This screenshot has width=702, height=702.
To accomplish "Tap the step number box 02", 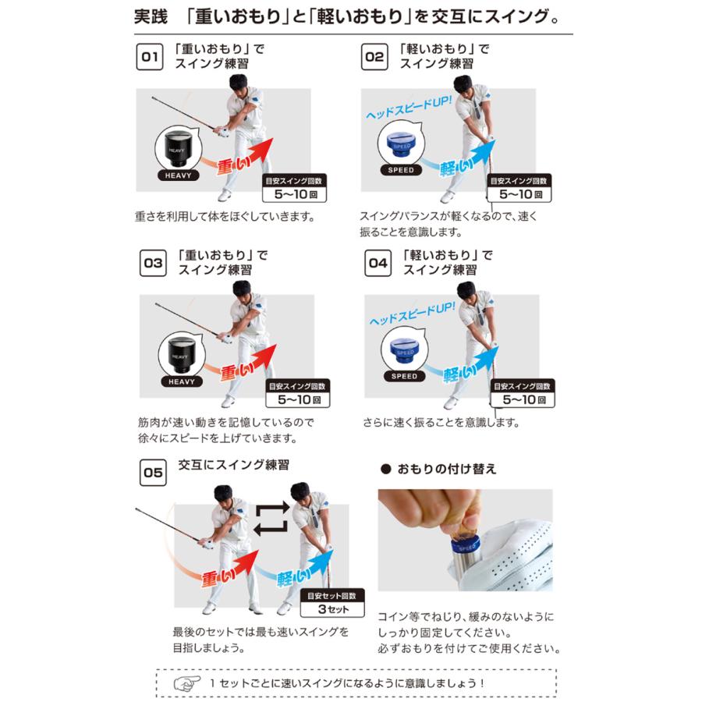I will [375, 57].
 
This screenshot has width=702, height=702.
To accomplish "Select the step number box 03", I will [153, 264].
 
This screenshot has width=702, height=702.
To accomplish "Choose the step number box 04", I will [378, 264].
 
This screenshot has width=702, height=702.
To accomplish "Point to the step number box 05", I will [153, 473].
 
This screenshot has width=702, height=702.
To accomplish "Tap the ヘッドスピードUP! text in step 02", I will [408, 110].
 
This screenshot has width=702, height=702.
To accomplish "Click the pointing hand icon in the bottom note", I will [186, 681].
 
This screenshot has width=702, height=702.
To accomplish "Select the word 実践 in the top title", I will [151, 16].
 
